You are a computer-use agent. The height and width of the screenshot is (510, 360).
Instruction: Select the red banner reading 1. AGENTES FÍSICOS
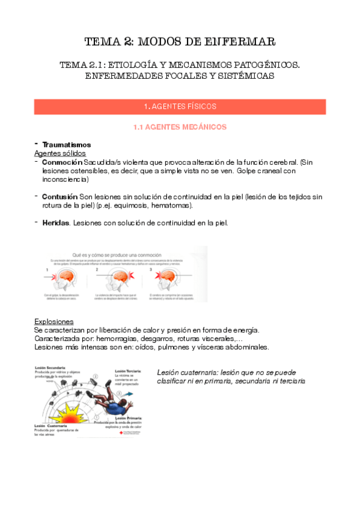pyautogui.click(x=180, y=106)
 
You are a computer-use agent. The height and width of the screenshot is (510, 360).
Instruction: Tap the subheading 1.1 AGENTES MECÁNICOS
pyautogui.click(x=180, y=127)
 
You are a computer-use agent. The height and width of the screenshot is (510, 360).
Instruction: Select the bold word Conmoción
pyautogui.click(x=62, y=162)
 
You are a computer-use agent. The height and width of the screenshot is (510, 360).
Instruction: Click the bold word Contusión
pyautogui.click(x=60, y=197)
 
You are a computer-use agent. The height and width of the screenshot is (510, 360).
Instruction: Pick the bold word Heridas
pyautogui.click(x=56, y=223)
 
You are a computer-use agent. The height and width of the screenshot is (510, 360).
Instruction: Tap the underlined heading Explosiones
pyautogui.click(x=54, y=321)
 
